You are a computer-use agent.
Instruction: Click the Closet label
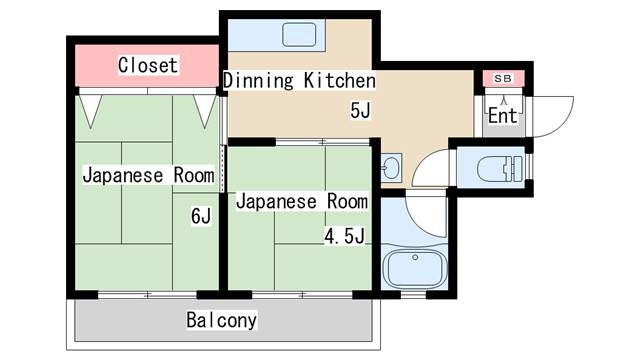pos(148,65)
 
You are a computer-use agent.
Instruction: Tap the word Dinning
pos(258,80)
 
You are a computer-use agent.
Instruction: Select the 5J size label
pos(360,110)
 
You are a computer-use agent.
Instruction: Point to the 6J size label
pos(201,216)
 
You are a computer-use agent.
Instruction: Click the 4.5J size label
pos(344,236)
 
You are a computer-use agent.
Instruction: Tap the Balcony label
pos(222,320)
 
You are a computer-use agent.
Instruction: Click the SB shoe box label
pos(503,78)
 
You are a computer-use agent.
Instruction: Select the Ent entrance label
pos(503,116)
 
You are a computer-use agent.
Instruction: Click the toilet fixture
pos(500,168)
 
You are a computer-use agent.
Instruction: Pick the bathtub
pos(415,268)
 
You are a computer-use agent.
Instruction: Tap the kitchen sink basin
pos(299,34)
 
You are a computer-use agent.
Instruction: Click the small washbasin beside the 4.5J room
pos(391,168)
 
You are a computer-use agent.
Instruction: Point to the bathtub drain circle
pos(415,258)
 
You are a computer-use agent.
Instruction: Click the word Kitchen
pos(340,80)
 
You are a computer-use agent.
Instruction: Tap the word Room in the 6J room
pos(194,176)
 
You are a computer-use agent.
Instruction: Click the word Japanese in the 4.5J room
pos(276,202)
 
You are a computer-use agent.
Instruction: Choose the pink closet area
pos(147,65)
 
